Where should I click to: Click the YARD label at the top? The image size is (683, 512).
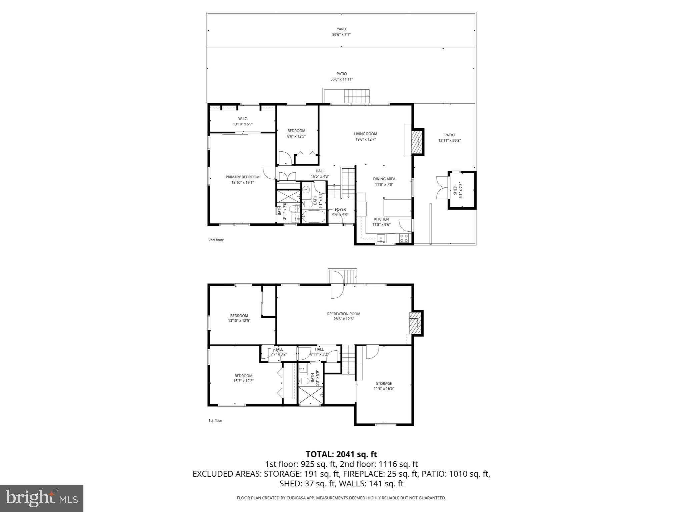coord(341,29)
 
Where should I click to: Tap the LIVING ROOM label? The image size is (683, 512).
coord(366,134)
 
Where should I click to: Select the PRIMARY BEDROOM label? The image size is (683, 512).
coord(242,177)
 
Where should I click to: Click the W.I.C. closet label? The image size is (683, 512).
coord(243,119)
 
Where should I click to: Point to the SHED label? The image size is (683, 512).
coord(455,191)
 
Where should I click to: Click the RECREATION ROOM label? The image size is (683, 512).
coord(344,314)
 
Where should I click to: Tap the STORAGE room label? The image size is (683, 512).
coord(384,383)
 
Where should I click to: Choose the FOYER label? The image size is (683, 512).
coord(340,210)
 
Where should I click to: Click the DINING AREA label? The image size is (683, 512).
coord(384,179)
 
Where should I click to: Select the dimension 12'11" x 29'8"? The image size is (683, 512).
coord(449,141)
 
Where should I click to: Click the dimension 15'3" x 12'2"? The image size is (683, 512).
coord(243,381)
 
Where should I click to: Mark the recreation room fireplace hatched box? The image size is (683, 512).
coord(415,323)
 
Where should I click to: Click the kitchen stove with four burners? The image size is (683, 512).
coord(404,238)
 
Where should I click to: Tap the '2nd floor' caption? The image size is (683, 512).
coord(216,240)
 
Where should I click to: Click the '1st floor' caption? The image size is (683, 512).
coord(215,421)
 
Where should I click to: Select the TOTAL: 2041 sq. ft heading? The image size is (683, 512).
coord(341,454)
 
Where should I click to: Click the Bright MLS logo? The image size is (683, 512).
coord(42,498)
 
